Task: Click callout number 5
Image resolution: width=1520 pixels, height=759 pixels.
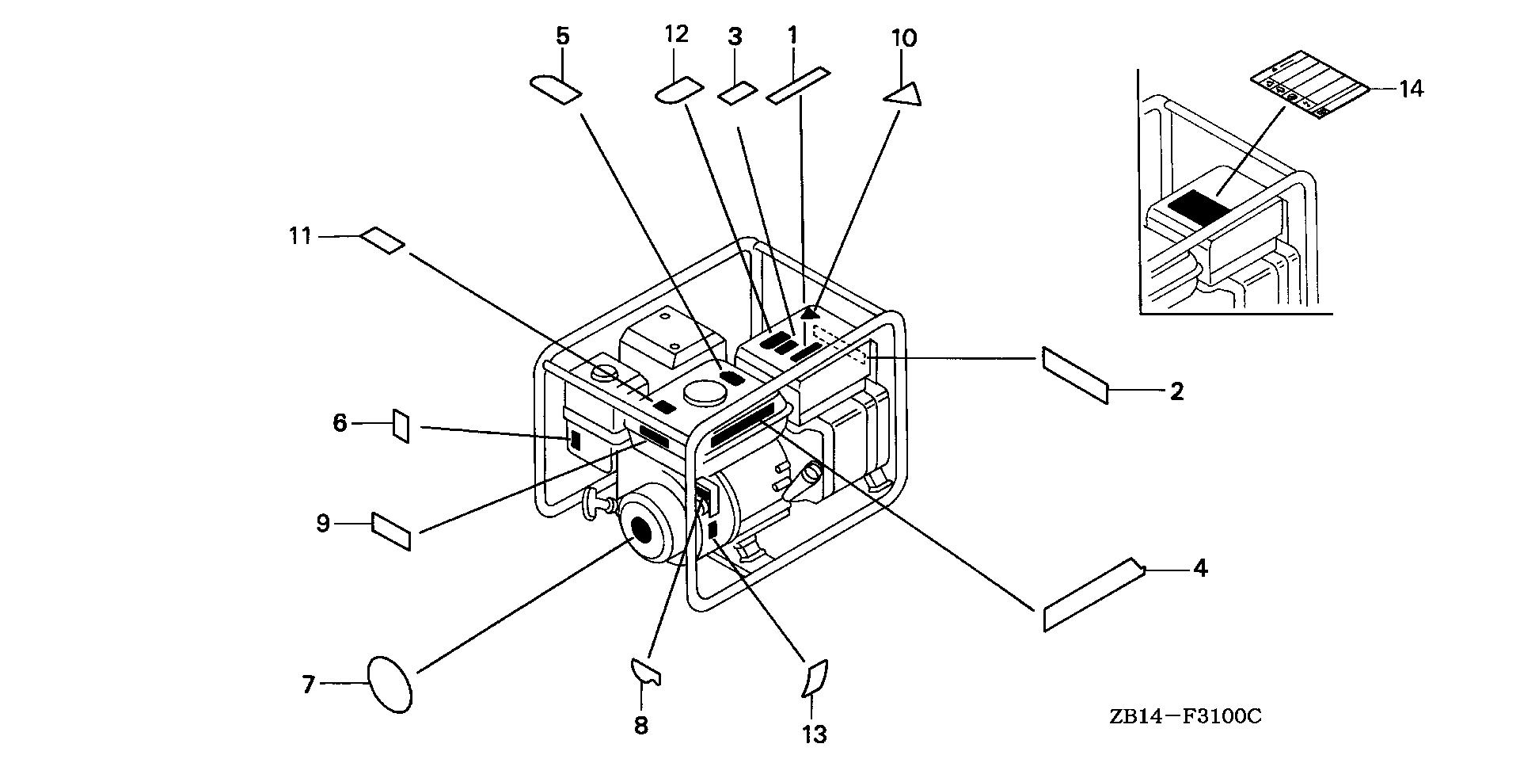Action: (x=562, y=36)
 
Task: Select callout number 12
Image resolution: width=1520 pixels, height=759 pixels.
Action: (x=677, y=34)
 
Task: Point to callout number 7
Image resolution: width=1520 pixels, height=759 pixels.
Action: (x=309, y=684)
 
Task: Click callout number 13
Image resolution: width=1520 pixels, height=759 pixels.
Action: (x=814, y=734)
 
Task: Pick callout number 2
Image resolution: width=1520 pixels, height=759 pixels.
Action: (x=1176, y=391)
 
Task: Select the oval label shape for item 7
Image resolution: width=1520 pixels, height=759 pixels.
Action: (x=390, y=684)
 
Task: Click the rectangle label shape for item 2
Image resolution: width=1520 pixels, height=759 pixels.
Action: (x=1075, y=375)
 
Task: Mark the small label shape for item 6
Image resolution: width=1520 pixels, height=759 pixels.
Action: (x=401, y=426)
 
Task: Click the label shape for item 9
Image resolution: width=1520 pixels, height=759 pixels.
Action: (x=391, y=531)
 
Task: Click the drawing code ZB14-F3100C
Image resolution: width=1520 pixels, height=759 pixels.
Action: (x=1184, y=717)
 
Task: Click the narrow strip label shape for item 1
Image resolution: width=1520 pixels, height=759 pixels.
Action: (x=798, y=86)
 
